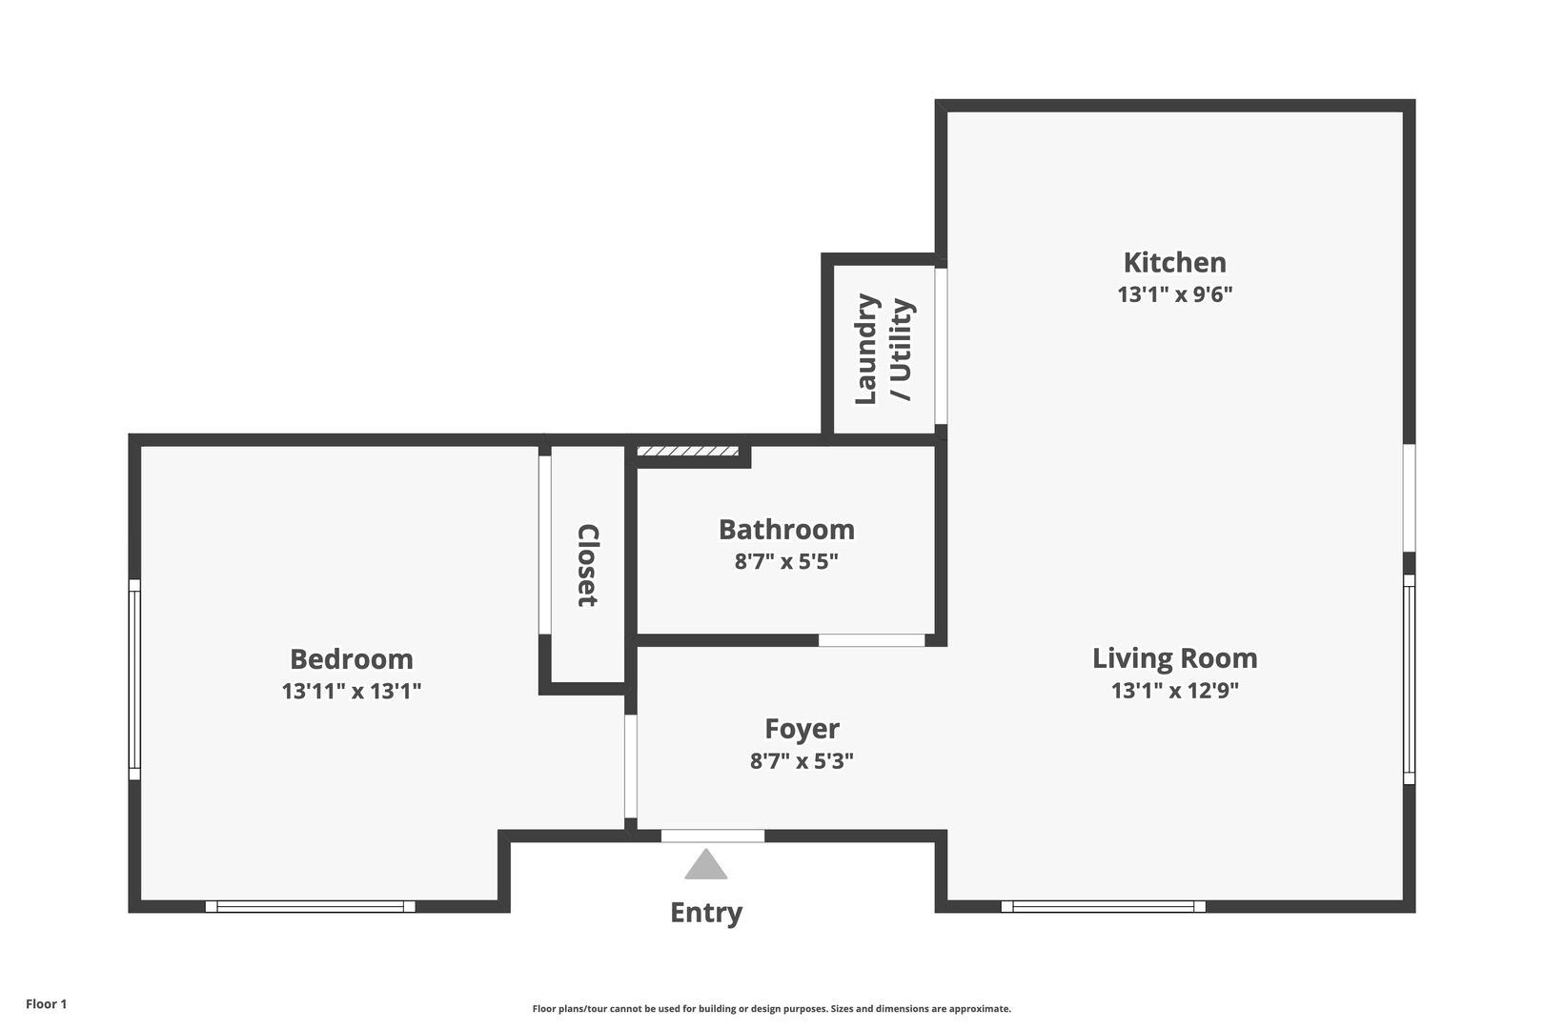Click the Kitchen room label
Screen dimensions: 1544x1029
click(1174, 263)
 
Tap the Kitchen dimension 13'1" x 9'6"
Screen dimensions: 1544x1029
click(1174, 294)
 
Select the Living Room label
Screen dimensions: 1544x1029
click(1174, 658)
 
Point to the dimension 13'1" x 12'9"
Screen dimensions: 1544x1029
click(1174, 690)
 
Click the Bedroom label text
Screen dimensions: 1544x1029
click(352, 659)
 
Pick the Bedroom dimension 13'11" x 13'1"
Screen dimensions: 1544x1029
click(352, 691)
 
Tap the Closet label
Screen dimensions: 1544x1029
click(588, 565)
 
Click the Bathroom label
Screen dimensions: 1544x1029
click(786, 530)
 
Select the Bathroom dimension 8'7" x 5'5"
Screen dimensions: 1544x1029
click(786, 561)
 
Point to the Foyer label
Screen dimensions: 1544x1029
click(802, 729)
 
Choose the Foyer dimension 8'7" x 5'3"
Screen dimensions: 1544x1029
click(802, 761)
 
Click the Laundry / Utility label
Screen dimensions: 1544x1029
click(884, 350)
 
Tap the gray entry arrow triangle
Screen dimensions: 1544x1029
click(706, 866)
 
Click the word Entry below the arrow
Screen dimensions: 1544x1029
click(706, 913)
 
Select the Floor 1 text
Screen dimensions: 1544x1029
click(46, 1003)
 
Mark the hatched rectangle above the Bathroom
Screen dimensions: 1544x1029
click(688, 452)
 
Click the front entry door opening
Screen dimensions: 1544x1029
click(713, 836)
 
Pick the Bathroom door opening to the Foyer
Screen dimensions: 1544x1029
click(871, 640)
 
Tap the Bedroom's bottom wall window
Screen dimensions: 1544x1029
click(311, 906)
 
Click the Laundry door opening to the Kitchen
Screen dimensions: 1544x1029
click(941, 346)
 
